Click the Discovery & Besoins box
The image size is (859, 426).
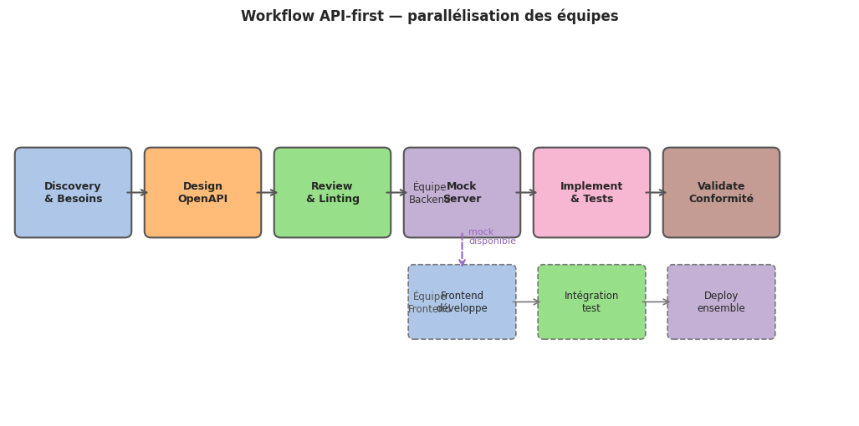pos(73,193)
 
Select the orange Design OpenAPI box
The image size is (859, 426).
pos(202,193)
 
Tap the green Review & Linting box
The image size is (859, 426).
pos(332,193)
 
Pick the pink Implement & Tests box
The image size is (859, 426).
pos(591,193)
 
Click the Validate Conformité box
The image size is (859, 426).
pos(721,193)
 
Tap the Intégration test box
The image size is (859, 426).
pos(591,302)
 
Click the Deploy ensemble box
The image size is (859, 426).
pos(721,302)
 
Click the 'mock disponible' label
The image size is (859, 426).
pos(492,236)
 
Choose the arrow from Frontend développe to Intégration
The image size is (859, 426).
pos(527,302)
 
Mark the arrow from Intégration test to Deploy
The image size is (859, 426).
pos(657,302)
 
